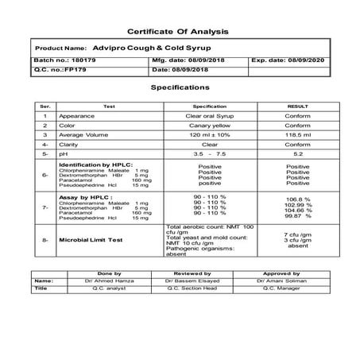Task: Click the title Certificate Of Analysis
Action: point(180,30)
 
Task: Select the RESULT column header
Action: point(297,106)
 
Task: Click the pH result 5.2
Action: point(297,155)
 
